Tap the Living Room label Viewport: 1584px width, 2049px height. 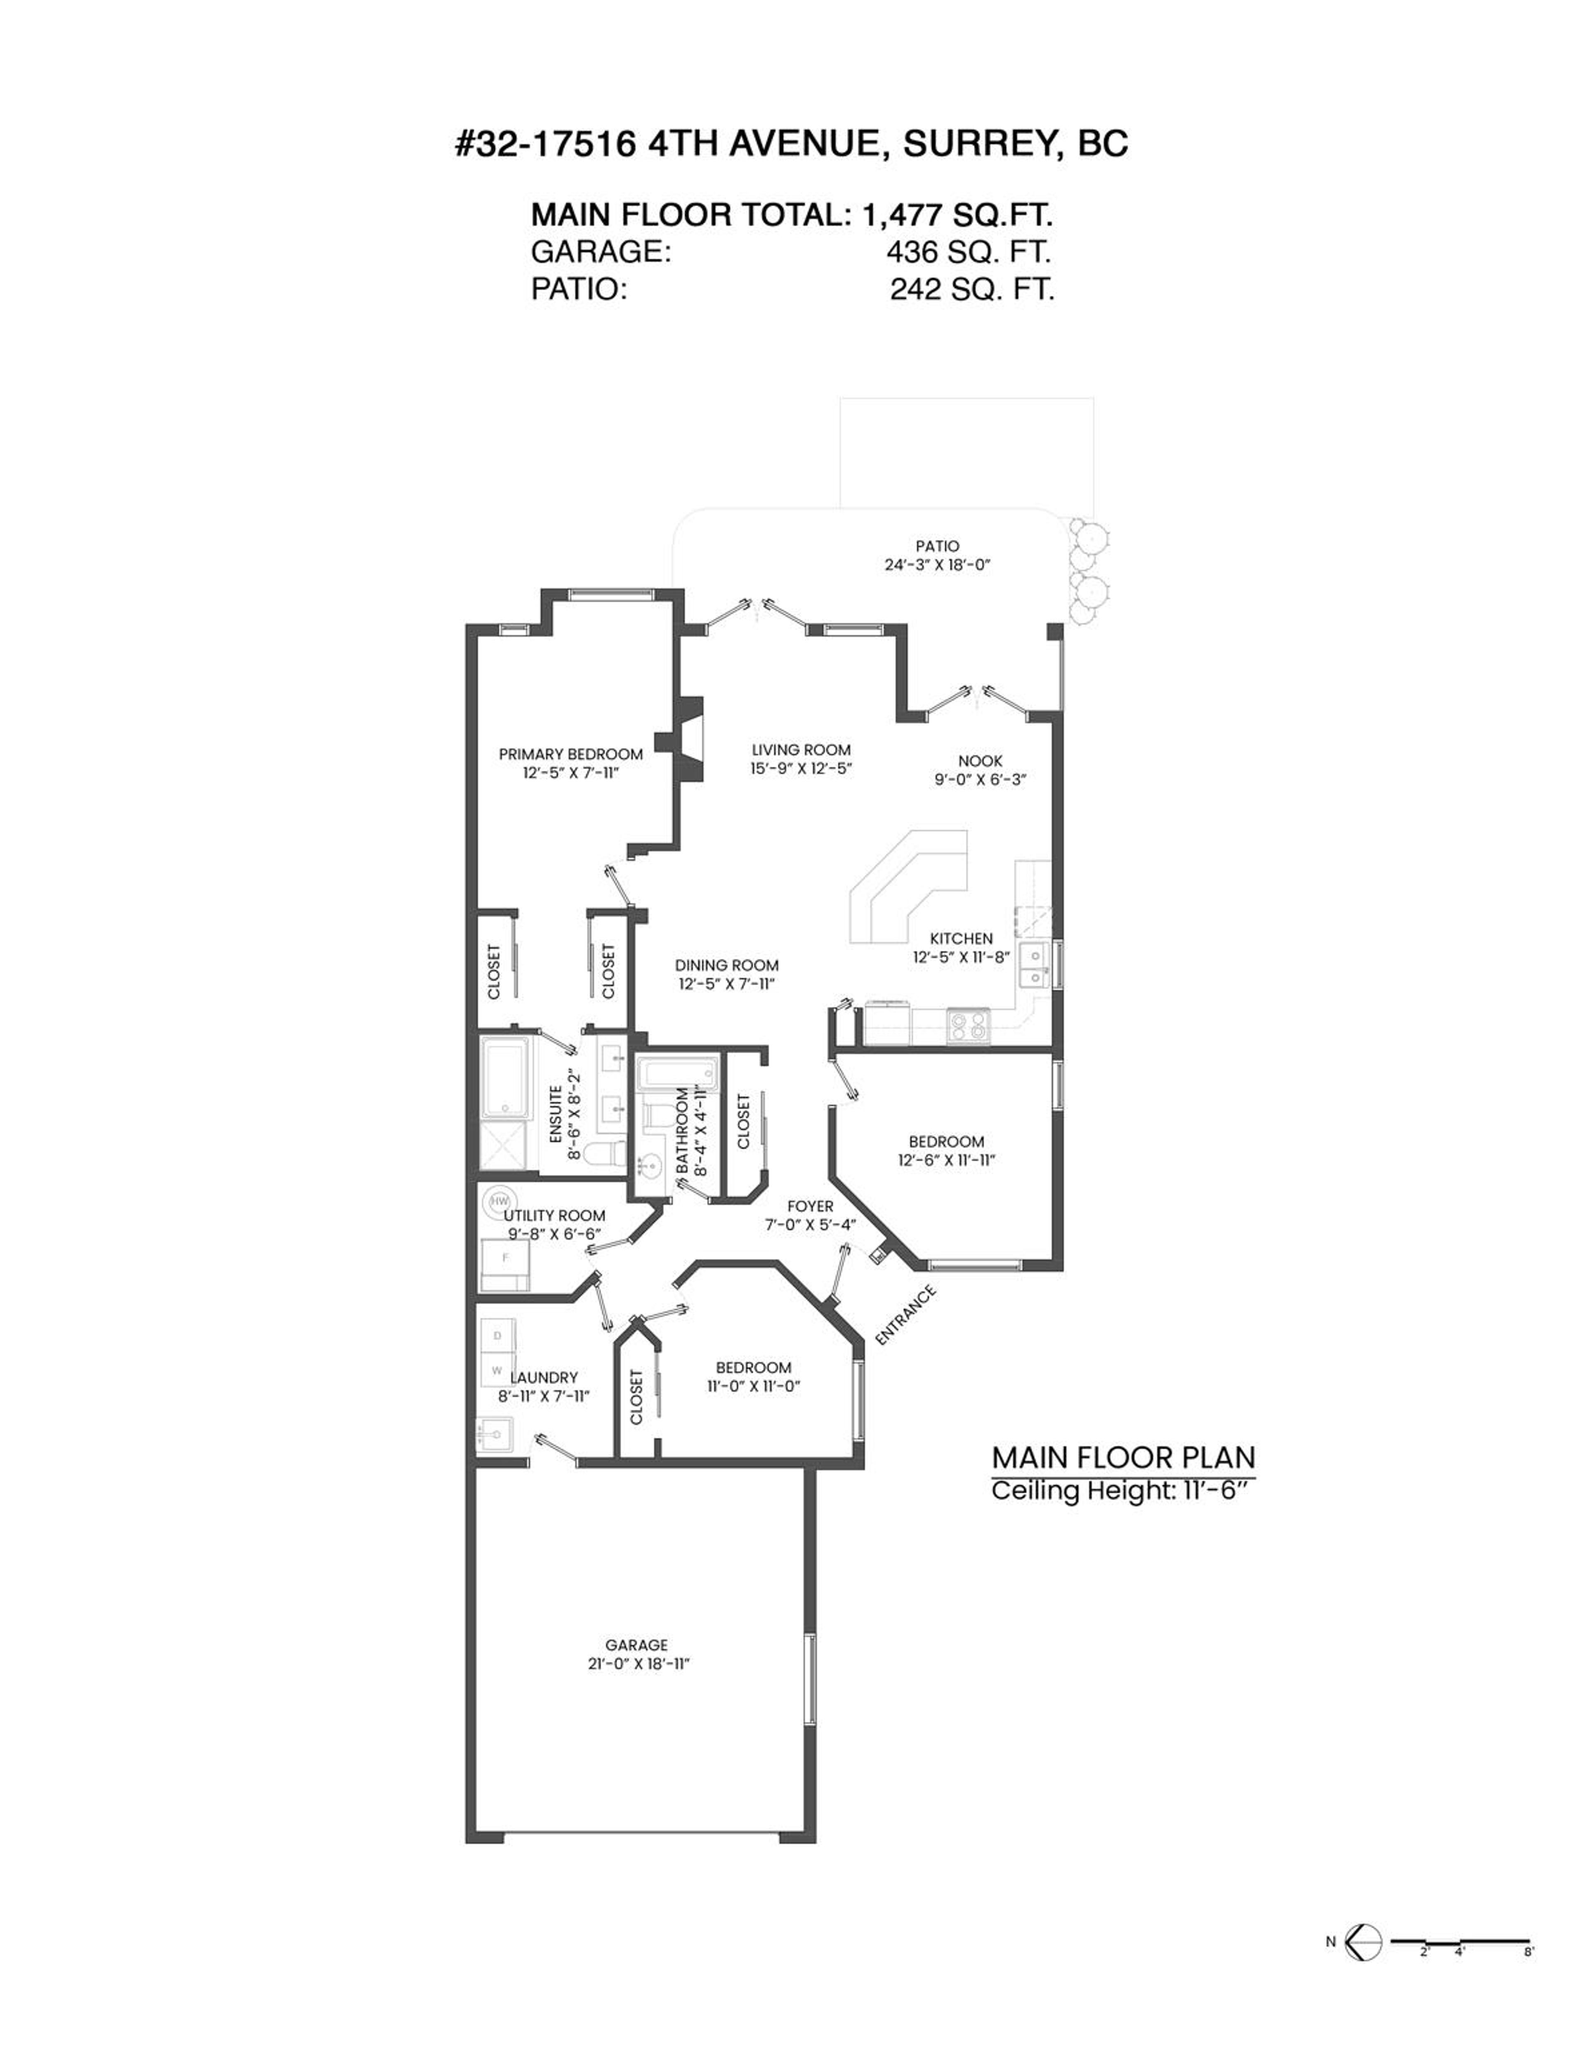click(800, 750)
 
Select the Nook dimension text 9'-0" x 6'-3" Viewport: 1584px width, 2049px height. click(980, 780)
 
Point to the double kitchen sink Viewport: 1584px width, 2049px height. click(1035, 966)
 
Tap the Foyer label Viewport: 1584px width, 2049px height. click(810, 1207)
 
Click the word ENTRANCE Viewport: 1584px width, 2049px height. click(905, 1315)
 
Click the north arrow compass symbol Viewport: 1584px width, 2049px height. click(1363, 1942)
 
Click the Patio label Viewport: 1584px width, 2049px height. click(938, 546)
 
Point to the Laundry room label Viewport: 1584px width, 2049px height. click(544, 1377)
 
